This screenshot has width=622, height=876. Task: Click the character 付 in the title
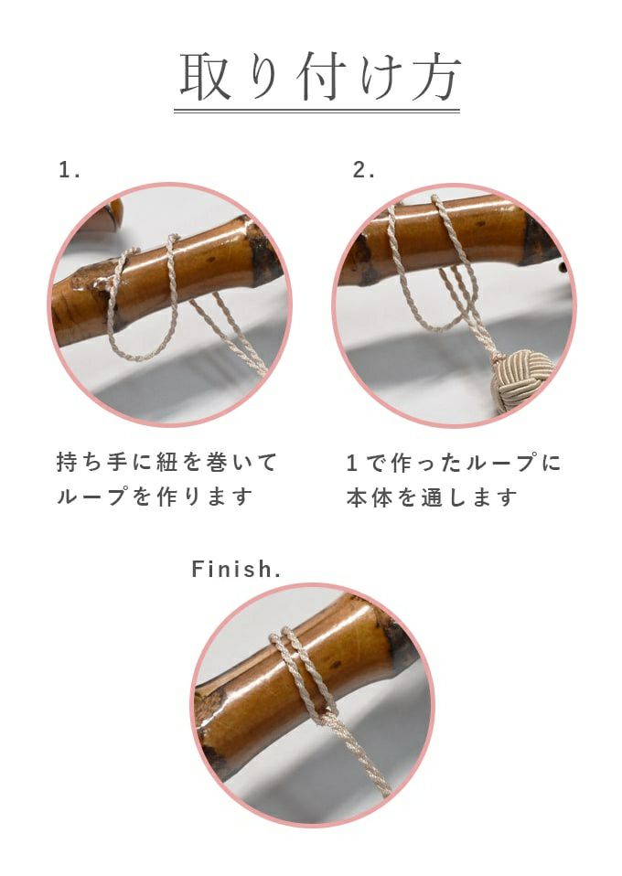pos(319,77)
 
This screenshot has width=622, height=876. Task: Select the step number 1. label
pos(70,170)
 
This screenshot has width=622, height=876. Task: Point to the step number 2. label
pos(363,170)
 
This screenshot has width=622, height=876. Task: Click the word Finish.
pos(236,570)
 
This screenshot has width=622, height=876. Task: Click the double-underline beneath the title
pos(316,111)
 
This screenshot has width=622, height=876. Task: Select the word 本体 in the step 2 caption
pos(369,497)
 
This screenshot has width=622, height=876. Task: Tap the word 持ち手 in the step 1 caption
pos(91,463)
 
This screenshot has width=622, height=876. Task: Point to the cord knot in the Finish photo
pos(327,716)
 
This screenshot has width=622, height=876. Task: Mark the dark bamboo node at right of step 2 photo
pos(540,240)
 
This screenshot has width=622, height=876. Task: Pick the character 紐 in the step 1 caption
pos(166,463)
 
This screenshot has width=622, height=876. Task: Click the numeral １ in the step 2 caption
pos(352,463)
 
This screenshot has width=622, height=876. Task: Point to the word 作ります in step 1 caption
pos(205,497)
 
